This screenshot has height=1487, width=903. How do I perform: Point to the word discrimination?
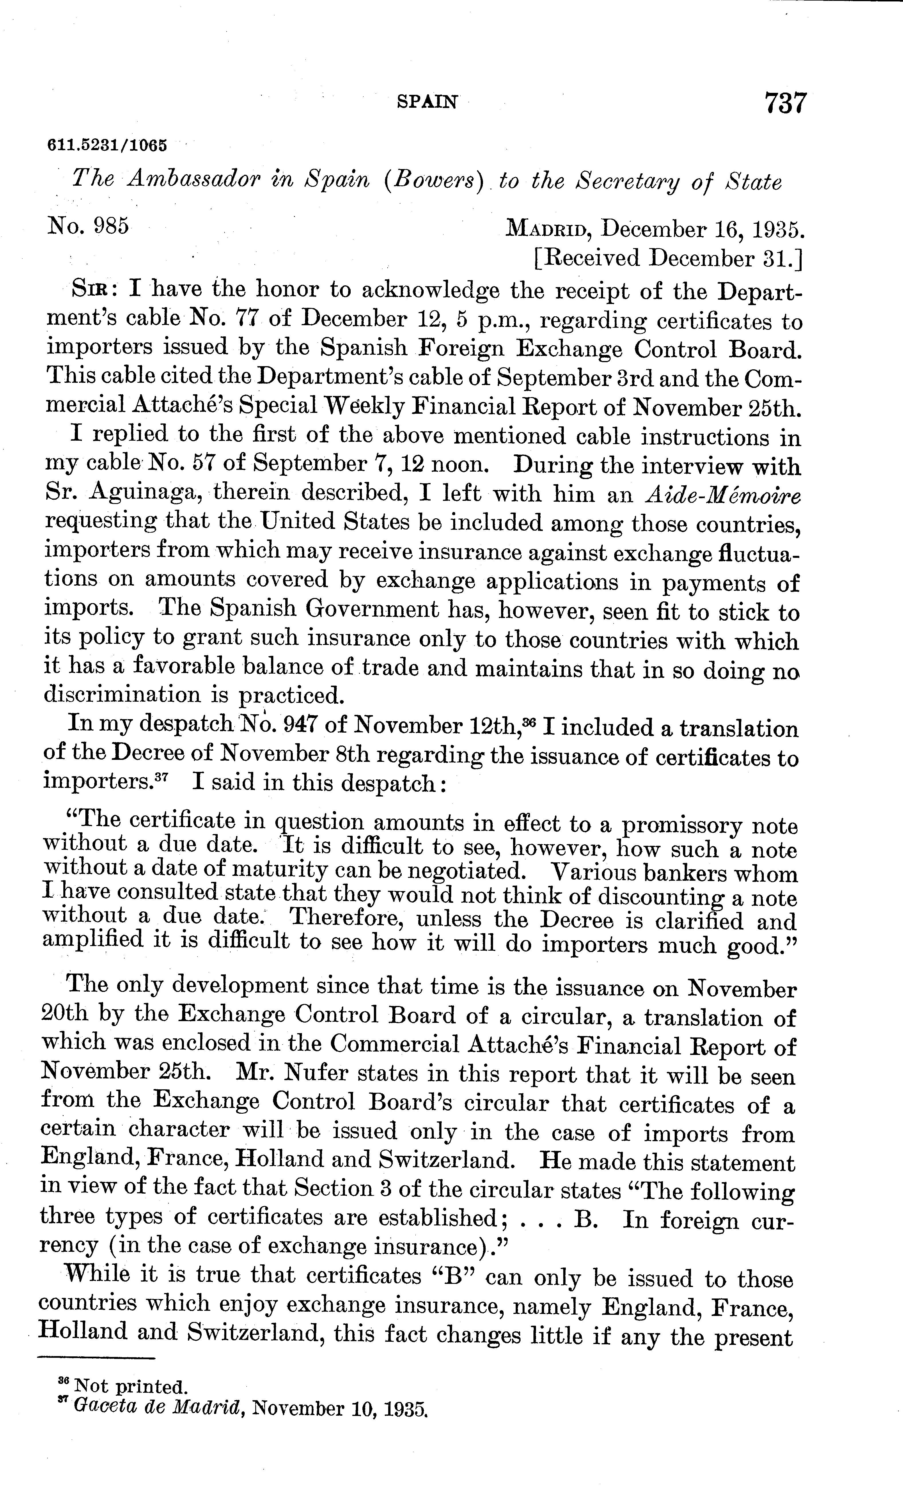(x=121, y=695)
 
